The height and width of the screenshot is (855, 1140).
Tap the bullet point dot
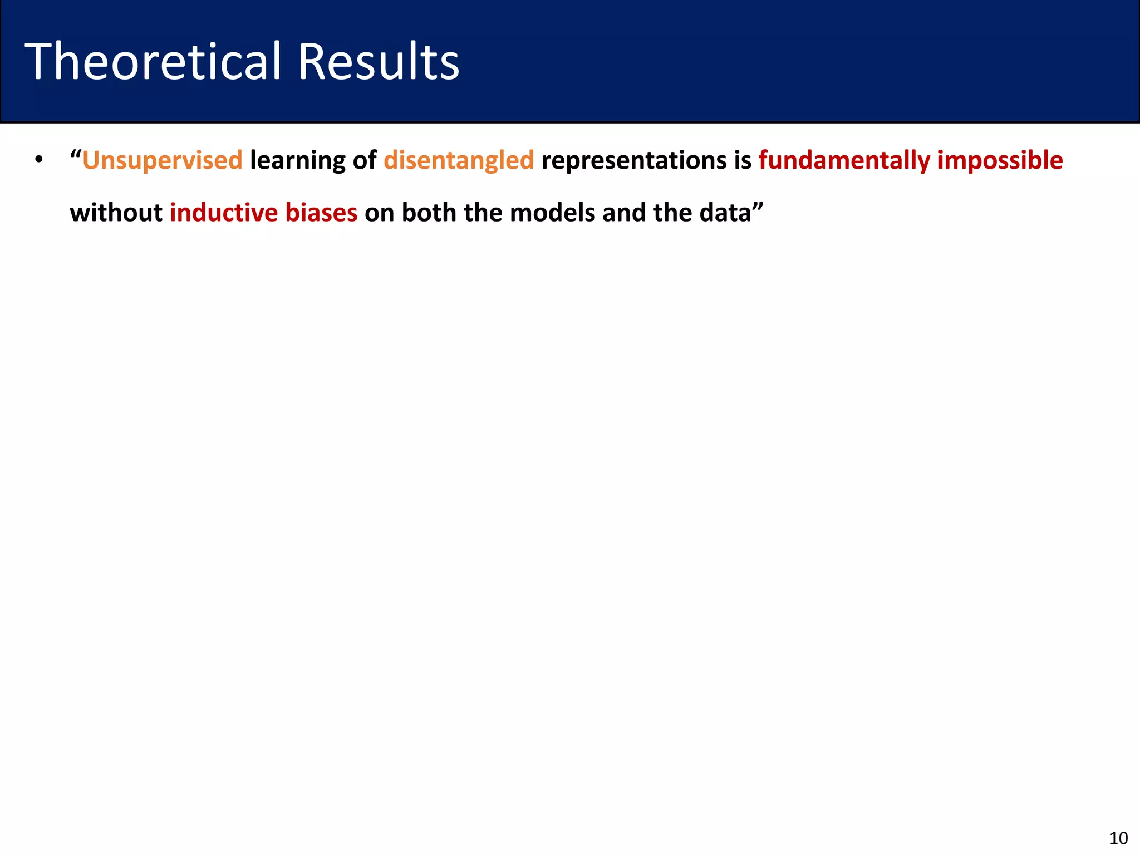(38, 160)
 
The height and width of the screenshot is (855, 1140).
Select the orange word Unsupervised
(163, 161)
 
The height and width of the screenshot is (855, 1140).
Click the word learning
(298, 161)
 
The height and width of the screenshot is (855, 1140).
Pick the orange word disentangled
(459, 161)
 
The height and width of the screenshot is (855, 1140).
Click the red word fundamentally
(844, 161)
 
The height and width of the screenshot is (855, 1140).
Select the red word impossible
(1000, 161)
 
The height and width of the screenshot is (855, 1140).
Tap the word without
(116, 213)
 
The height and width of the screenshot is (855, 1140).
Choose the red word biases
(321, 213)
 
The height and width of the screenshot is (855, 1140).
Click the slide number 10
(1118, 838)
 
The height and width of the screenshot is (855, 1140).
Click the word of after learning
(365, 161)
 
